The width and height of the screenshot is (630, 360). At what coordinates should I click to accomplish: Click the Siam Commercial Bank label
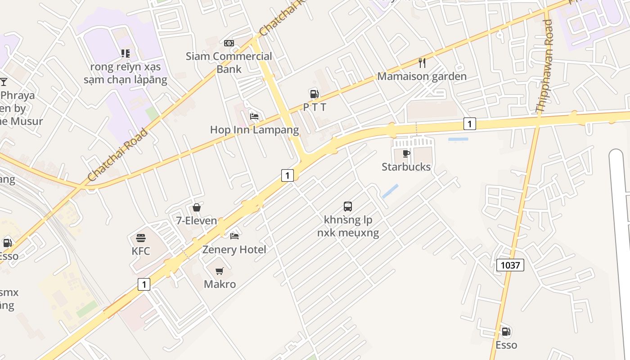[229, 63]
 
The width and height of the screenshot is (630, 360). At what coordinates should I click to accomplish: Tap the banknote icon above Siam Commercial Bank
[229, 43]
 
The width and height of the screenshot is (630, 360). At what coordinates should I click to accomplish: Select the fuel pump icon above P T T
[314, 94]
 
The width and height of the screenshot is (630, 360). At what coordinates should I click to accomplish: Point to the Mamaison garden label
[422, 76]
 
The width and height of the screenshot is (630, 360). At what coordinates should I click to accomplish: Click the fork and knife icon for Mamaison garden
[422, 63]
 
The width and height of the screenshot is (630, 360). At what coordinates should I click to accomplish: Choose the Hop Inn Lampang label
[254, 130]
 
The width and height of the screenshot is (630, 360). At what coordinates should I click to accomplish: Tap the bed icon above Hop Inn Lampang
[254, 117]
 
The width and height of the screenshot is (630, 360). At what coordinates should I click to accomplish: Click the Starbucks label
[406, 167]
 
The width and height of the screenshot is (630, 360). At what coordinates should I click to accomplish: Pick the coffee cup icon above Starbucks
[406, 154]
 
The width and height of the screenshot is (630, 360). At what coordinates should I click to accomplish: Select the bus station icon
[348, 207]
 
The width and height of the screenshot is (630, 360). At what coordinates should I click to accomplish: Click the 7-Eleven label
[196, 221]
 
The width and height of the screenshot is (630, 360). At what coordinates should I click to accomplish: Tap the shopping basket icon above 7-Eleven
[197, 207]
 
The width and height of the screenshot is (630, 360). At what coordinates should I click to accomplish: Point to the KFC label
[141, 251]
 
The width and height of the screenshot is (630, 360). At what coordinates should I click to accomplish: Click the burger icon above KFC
[141, 238]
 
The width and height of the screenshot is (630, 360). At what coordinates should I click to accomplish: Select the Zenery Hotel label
[234, 250]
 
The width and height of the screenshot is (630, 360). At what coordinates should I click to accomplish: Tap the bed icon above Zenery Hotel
[234, 236]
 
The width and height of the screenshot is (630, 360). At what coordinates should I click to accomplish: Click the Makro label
[220, 284]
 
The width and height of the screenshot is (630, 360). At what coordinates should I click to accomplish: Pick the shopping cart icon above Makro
[220, 271]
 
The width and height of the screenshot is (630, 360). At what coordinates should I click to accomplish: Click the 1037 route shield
[510, 265]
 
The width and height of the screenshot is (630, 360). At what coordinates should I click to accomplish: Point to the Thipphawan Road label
[544, 66]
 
